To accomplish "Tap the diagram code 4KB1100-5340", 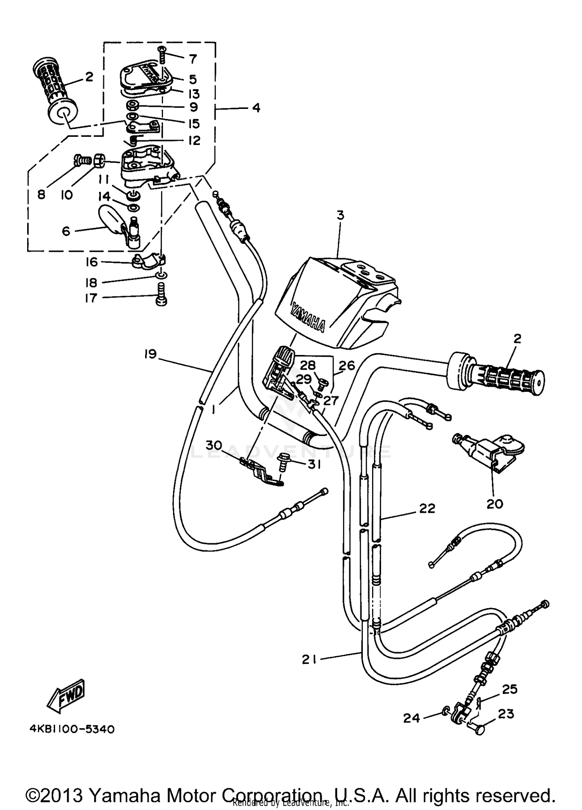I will (x=72, y=729).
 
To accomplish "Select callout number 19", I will (x=151, y=354).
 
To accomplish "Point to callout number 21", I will (x=309, y=659).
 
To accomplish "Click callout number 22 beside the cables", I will (x=427, y=508).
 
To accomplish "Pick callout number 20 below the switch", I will (x=494, y=504).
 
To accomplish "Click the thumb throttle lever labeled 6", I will (x=113, y=222).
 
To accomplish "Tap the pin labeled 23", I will (x=480, y=729).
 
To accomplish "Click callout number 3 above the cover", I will (x=340, y=215).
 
